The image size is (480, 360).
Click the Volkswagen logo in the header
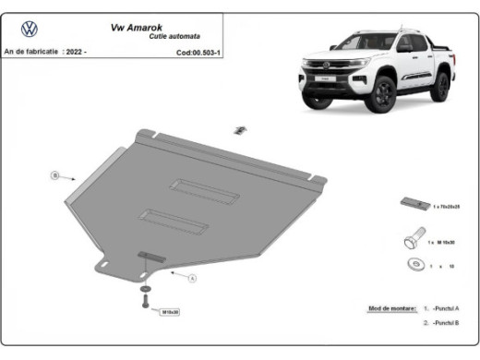pyautogui.click(x=29, y=28)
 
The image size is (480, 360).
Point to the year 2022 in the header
pyautogui.click(x=74, y=53)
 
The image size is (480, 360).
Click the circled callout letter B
pyautogui.click(x=55, y=174)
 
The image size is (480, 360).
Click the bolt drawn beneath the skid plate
pyautogui.click(x=146, y=301)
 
